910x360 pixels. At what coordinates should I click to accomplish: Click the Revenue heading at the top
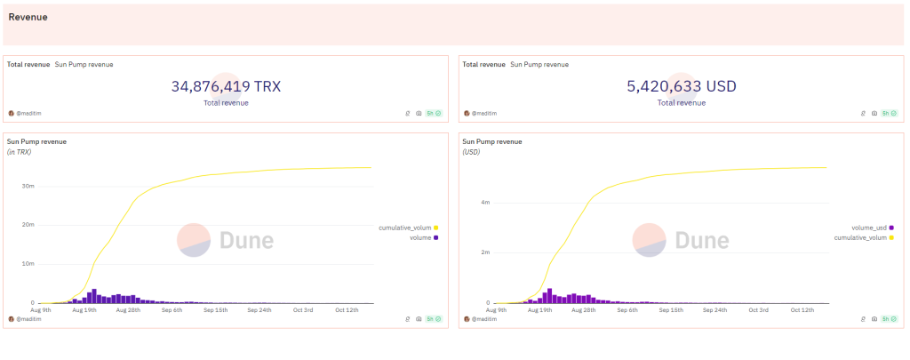pyautogui.click(x=28, y=17)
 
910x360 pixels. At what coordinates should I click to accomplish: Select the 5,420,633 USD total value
pyautogui.click(x=682, y=86)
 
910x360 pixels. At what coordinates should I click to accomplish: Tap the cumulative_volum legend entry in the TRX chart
pyautogui.click(x=404, y=228)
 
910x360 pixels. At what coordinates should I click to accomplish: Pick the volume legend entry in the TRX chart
pyautogui.click(x=422, y=237)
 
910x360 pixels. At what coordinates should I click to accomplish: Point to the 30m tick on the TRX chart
pyautogui.click(x=28, y=186)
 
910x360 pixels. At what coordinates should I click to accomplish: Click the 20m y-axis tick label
pyautogui.click(x=28, y=225)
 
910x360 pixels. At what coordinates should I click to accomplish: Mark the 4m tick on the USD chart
pyautogui.click(x=484, y=203)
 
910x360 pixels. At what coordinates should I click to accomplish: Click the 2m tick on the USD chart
pyautogui.click(x=484, y=252)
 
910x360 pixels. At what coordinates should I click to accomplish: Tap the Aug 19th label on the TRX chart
pyautogui.click(x=84, y=309)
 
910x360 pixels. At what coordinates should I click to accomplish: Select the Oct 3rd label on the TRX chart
pyautogui.click(x=302, y=309)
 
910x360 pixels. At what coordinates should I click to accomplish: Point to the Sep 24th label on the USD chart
pyautogui.click(x=714, y=309)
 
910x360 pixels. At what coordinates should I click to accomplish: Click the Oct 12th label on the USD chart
pyautogui.click(x=802, y=309)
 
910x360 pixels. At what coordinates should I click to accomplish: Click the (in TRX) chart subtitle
pyautogui.click(x=20, y=152)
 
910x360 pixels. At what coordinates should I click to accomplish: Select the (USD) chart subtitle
pyautogui.click(x=472, y=152)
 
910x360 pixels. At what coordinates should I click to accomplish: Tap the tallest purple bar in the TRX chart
pyautogui.click(x=94, y=296)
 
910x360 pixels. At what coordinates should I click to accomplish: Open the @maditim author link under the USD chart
pyautogui.click(x=483, y=318)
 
